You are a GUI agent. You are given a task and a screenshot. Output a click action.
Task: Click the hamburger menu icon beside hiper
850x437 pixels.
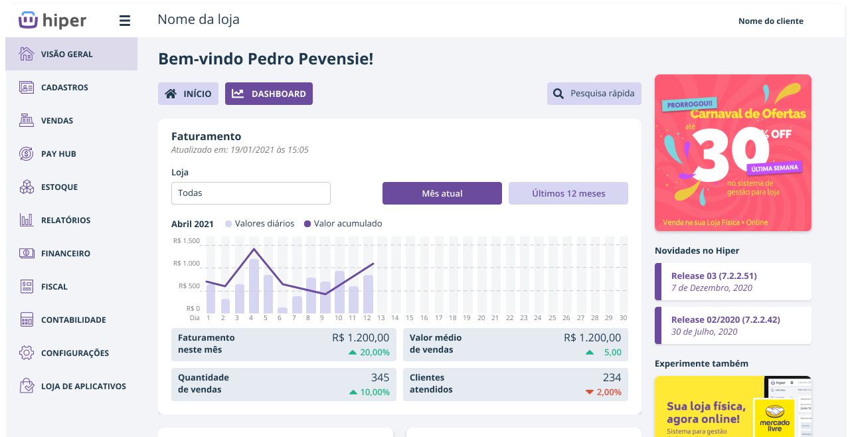(125, 21)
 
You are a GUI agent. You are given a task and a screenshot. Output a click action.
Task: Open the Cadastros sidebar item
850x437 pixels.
(64, 88)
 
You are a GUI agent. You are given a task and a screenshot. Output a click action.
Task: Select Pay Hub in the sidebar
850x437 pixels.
(58, 154)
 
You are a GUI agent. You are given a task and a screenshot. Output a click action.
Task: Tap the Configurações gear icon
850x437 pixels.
(27, 353)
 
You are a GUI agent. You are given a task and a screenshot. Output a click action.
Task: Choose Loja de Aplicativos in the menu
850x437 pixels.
(83, 387)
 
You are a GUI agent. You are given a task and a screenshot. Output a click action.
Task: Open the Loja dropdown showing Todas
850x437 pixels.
(250, 193)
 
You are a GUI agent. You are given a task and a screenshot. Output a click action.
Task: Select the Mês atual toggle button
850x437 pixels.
(442, 193)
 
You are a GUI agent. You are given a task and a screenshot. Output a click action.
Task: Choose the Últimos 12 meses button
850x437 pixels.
(568, 193)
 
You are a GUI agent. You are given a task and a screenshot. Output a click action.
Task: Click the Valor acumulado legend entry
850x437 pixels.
(343, 224)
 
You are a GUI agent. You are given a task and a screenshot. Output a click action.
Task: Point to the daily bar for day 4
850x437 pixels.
(254, 286)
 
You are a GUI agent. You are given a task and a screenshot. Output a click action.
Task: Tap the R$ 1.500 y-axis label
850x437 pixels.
(186, 241)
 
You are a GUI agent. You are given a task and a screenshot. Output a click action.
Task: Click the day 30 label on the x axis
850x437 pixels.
(623, 318)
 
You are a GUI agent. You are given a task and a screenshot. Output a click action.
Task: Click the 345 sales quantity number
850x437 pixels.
(380, 377)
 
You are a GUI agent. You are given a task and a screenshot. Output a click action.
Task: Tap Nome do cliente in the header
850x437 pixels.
(770, 21)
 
